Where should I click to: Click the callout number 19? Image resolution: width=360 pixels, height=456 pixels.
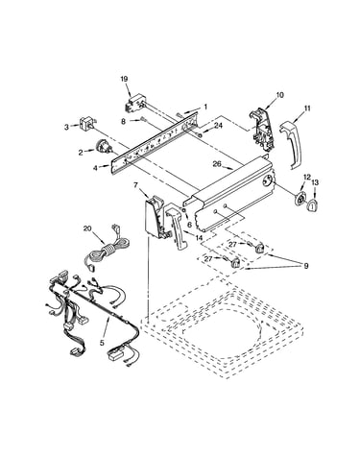pos(124,79)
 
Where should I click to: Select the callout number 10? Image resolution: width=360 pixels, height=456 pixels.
pos(279,95)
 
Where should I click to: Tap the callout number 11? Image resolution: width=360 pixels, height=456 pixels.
pos(307,108)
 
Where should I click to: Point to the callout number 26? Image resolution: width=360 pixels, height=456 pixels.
pos(217,164)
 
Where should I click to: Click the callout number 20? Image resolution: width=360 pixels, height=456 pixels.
pos(87,228)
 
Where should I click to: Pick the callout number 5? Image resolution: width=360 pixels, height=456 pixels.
pos(102,343)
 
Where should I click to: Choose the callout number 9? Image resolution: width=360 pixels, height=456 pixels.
pos(306,266)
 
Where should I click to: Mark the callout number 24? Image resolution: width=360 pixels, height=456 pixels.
pos(218,126)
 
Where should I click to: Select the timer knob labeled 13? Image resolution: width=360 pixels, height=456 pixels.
pos(312,204)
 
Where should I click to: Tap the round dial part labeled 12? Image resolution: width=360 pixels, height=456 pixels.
pos(300,201)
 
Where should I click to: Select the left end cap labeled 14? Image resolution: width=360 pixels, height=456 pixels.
pos(177,227)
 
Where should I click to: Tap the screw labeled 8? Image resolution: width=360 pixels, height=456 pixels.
pos(143,120)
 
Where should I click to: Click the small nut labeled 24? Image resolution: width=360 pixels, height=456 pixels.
pos(200,134)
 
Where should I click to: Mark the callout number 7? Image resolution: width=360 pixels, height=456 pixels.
pos(135,185)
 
